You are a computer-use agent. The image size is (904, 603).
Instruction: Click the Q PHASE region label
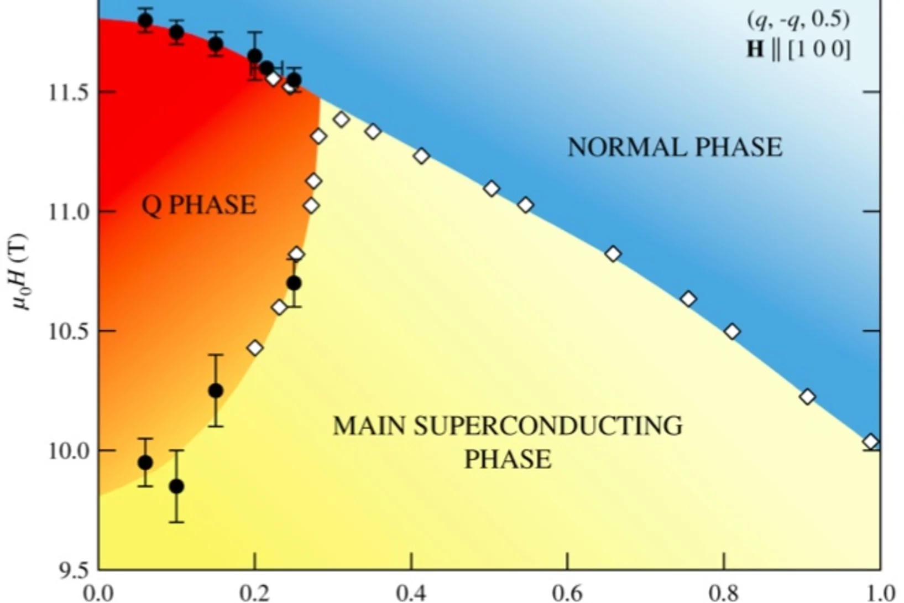(x=199, y=205)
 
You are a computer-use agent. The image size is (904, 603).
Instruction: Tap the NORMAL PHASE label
(x=675, y=148)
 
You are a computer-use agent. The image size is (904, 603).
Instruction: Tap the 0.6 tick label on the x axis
(x=567, y=593)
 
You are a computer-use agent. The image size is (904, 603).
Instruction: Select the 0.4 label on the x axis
(x=411, y=593)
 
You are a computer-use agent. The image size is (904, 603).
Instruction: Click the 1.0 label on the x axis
(x=879, y=593)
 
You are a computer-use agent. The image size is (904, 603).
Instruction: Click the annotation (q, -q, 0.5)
(x=798, y=20)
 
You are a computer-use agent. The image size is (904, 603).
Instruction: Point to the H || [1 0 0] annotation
(x=798, y=50)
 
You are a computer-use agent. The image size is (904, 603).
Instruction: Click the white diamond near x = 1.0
(x=871, y=441)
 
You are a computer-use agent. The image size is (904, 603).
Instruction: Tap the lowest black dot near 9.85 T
(x=176, y=486)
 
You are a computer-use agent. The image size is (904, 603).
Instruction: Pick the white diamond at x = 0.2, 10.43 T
(x=255, y=348)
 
